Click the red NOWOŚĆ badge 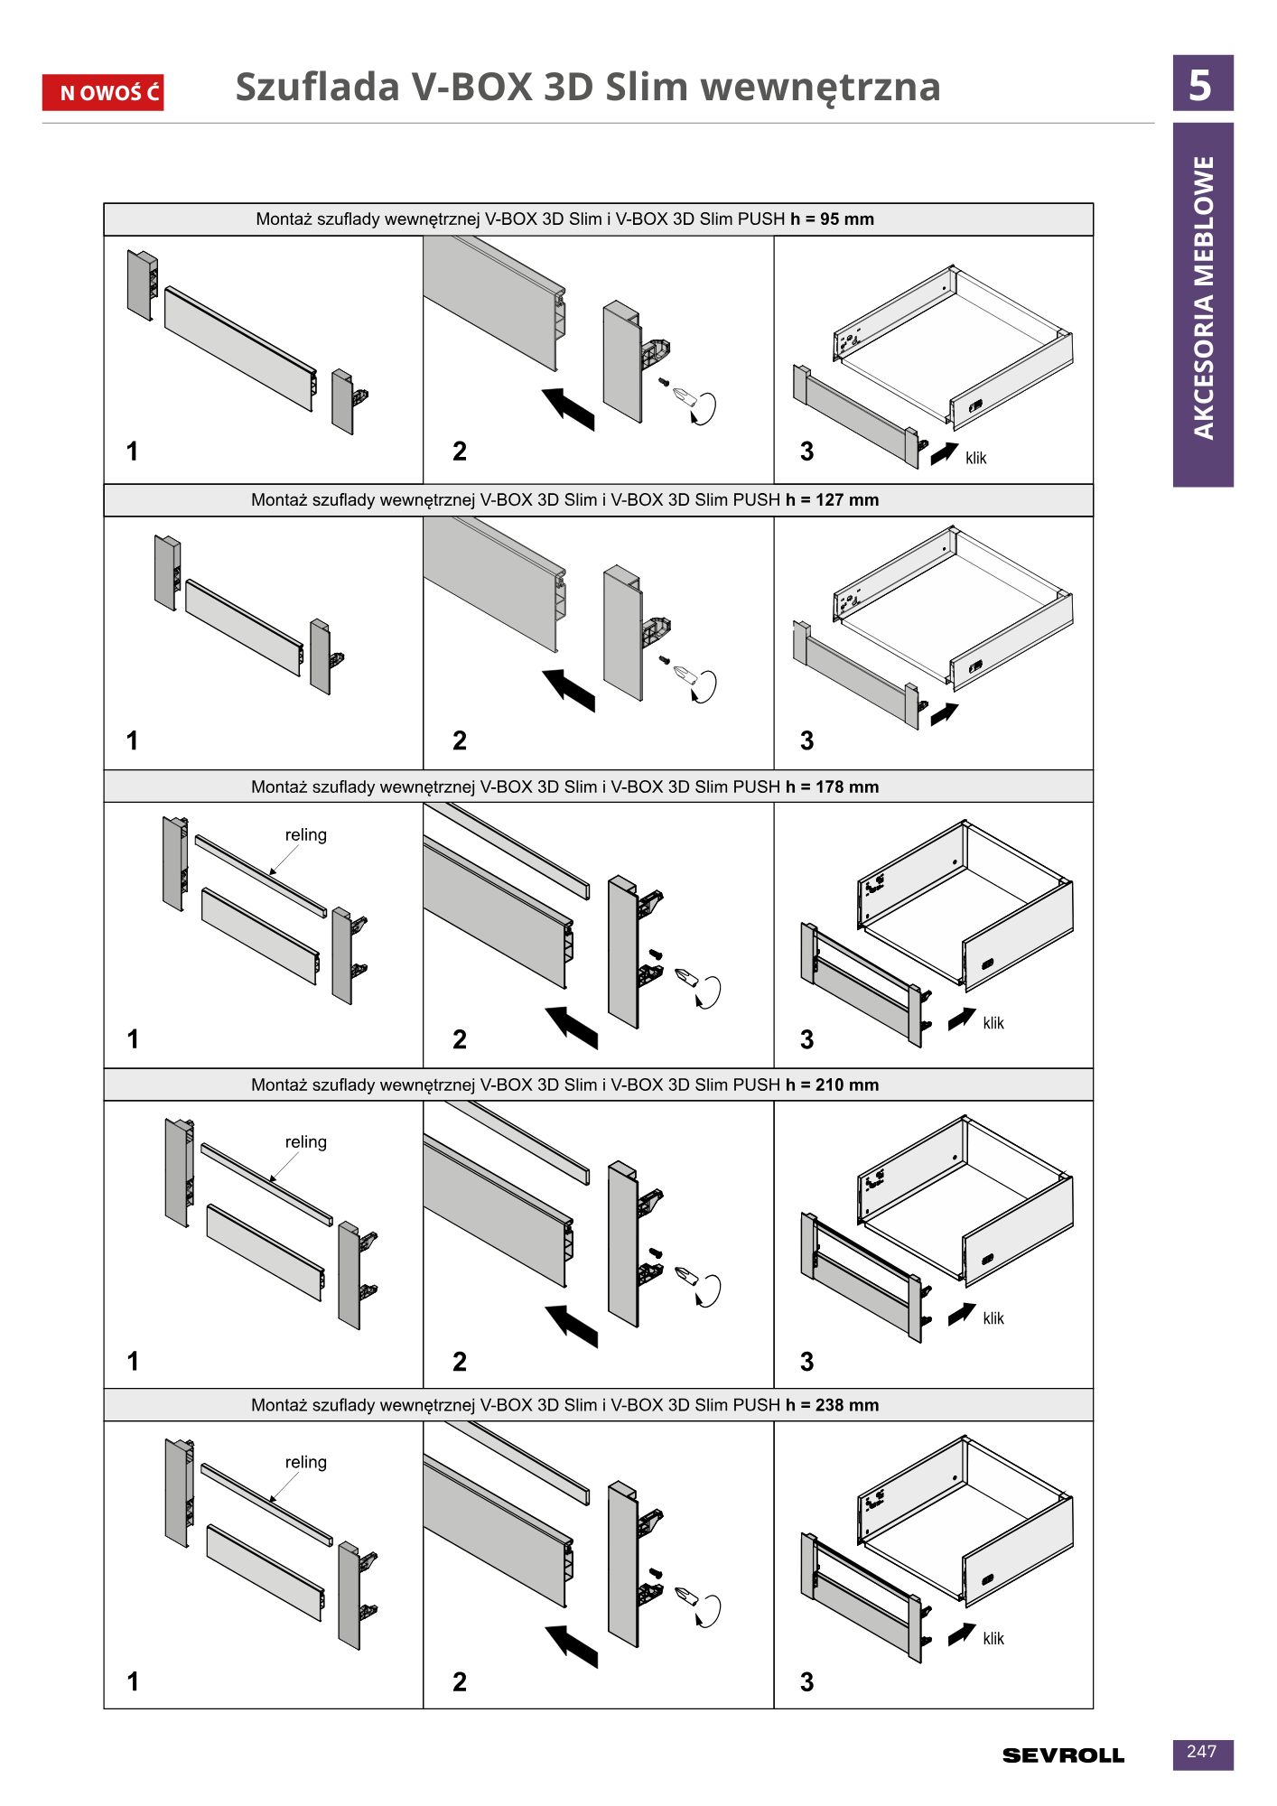tap(103, 92)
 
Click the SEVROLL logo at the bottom tap(1063, 1755)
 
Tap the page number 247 tap(1202, 1752)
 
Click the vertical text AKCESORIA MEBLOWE tap(1204, 298)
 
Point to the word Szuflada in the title tap(317, 87)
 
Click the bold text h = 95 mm tap(832, 219)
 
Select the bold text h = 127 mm tap(832, 500)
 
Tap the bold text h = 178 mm tap(832, 787)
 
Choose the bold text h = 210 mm tap(832, 1085)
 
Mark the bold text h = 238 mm tap(832, 1405)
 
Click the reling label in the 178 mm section tap(306, 835)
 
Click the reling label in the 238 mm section tap(306, 1462)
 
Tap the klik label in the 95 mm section tap(976, 458)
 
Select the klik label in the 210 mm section tap(993, 1318)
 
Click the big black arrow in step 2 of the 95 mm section tap(569, 408)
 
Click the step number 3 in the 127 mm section tap(807, 741)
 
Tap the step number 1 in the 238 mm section tap(133, 1681)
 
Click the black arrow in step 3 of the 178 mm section tap(962, 1018)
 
